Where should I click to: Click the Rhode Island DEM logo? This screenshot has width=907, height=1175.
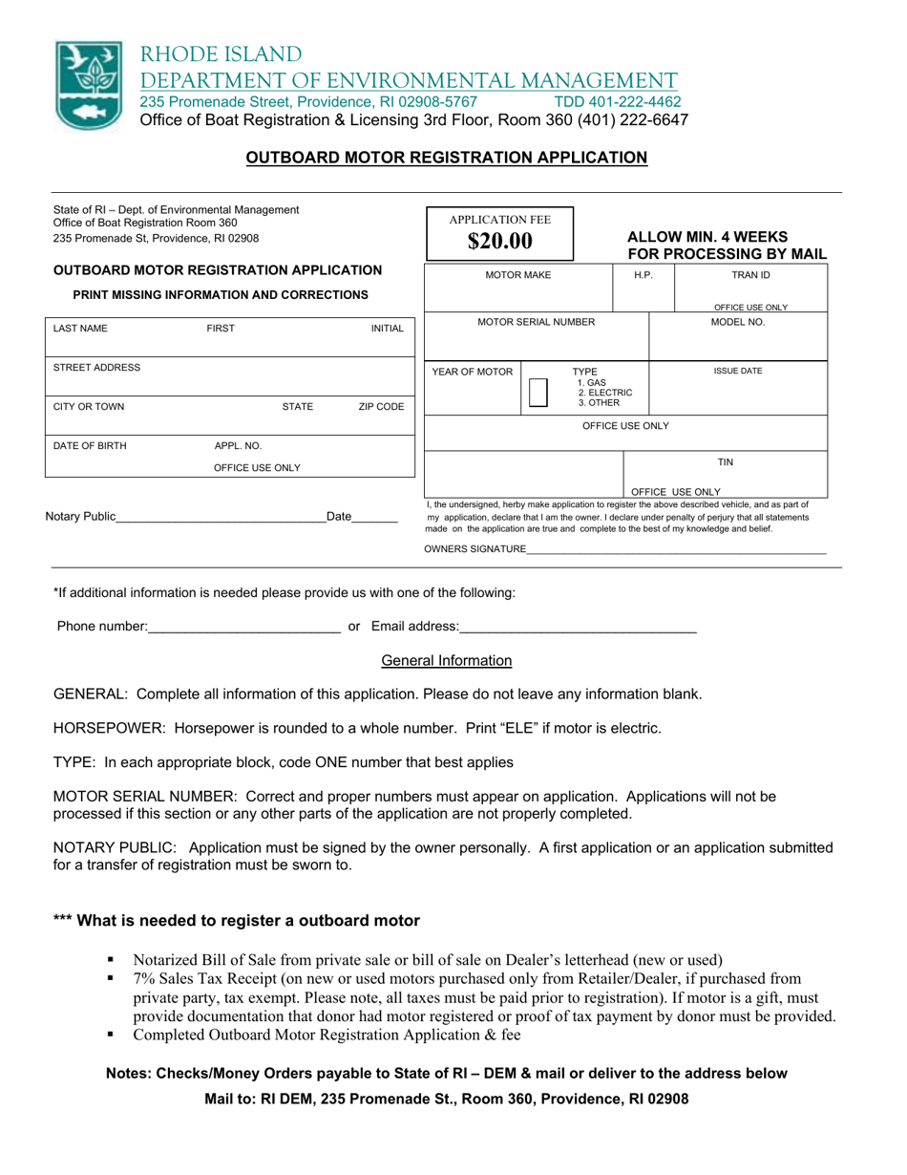pyautogui.click(x=89, y=85)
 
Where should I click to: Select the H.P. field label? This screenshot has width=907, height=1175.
pyautogui.click(x=643, y=275)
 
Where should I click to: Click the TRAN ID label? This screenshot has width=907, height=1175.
pyautogui.click(x=749, y=275)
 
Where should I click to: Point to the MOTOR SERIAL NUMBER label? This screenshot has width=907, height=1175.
pyautogui.click(x=536, y=323)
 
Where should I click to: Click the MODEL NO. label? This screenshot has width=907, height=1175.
pyautogui.click(x=738, y=323)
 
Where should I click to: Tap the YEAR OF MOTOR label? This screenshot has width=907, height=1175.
pyautogui.click(x=473, y=372)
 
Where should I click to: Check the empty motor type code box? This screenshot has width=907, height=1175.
pyautogui.click(x=538, y=393)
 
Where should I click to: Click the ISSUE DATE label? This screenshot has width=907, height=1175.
pyautogui.click(x=738, y=372)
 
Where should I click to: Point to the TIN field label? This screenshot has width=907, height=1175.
pyautogui.click(x=725, y=462)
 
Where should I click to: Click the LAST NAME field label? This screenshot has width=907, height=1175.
pyautogui.click(x=80, y=329)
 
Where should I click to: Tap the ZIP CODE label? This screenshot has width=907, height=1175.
pyautogui.click(x=381, y=407)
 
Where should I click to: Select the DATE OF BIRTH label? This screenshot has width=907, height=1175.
pyautogui.click(x=89, y=446)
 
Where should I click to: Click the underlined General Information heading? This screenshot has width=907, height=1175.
pyautogui.click(x=446, y=661)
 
